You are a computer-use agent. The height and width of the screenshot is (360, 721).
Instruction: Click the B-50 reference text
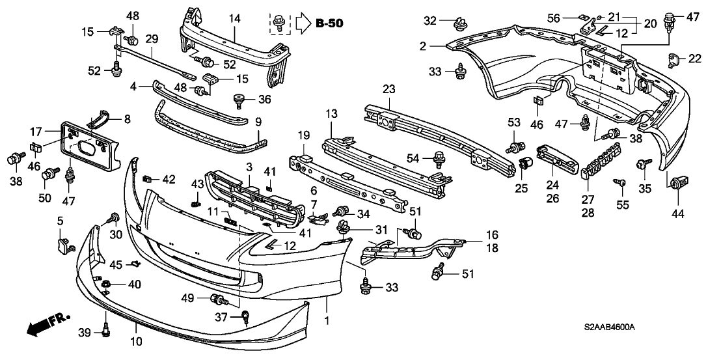click(x=329, y=24)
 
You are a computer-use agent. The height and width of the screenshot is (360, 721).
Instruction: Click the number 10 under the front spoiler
click(x=137, y=341)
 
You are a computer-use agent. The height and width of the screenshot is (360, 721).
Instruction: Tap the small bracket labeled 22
click(x=673, y=60)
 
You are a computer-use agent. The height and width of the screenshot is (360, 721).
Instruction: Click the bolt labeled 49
click(x=218, y=300)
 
